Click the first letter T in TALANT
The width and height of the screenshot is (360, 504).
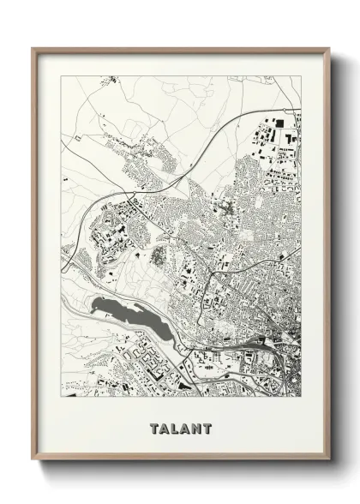tap(153, 427)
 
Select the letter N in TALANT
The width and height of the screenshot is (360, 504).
tap(196, 427)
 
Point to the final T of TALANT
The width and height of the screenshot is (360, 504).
tap(207, 427)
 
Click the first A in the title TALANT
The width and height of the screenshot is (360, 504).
tap(164, 427)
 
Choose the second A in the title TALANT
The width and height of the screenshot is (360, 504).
tap(185, 427)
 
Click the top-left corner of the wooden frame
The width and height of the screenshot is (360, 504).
tap(32, 49)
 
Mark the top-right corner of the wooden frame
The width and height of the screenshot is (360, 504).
tap(329, 49)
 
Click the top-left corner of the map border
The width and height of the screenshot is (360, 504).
tap(61, 76)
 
